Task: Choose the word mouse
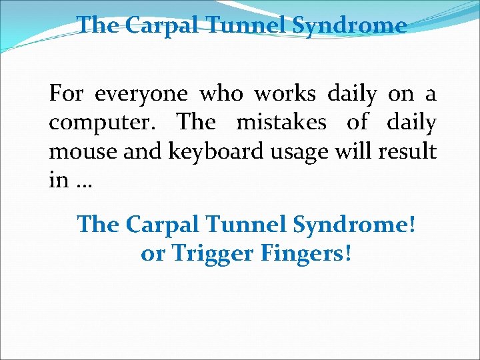pyautogui.click(x=75, y=152)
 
